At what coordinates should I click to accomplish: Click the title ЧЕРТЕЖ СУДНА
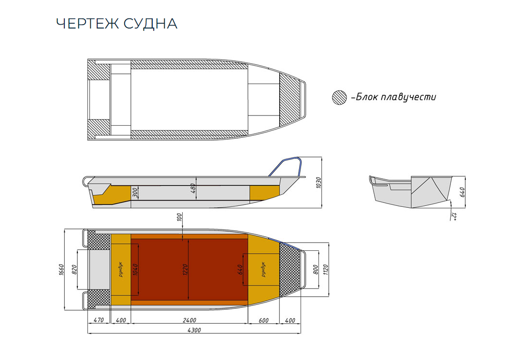pos(116,24)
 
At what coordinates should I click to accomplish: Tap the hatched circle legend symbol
pos(339,97)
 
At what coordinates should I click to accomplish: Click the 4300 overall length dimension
pos(193,330)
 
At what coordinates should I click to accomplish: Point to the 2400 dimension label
pos(189,320)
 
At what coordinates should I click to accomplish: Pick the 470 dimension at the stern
pos(99,320)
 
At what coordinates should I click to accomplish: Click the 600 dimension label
pos(263,320)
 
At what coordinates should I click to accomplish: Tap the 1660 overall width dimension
pos(61,270)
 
